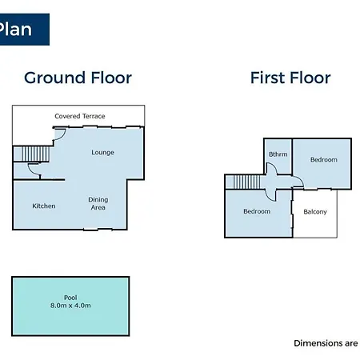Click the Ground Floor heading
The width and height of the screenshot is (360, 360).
(78, 78)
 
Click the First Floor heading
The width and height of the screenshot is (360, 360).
(290, 78)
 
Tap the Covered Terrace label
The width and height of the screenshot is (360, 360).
(80, 116)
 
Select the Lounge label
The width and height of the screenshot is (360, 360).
(102, 152)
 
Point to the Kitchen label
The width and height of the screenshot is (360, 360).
(44, 206)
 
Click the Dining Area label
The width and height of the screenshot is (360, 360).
(98, 203)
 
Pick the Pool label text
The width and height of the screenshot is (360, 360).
(70, 298)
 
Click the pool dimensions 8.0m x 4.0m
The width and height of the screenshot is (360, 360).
(70, 306)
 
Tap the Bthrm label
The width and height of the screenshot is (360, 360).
(278, 154)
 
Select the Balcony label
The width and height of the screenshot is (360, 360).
(315, 212)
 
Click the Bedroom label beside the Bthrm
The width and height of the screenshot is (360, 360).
(324, 159)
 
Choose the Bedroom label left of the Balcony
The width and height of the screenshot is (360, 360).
(257, 211)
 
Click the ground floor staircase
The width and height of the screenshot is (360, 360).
(35, 154)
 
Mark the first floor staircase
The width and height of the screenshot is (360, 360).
(246, 182)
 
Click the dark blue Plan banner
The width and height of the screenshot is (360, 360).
(25, 30)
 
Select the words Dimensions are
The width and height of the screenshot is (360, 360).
(326, 343)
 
